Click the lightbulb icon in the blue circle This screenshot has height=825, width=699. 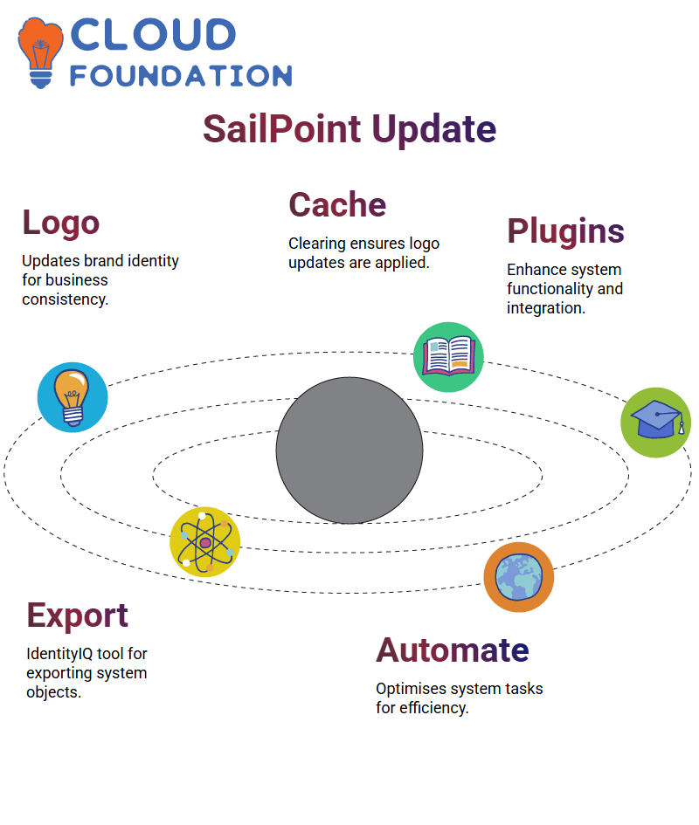coord(73,397)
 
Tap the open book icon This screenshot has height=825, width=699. coord(448,357)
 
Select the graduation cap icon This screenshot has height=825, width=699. coord(656,423)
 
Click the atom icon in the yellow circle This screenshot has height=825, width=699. coord(205,542)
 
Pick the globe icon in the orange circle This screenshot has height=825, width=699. coord(519,577)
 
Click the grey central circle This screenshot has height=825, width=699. coord(349,450)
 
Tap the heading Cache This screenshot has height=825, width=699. coord(337,204)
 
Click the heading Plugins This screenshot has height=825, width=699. coord(565,231)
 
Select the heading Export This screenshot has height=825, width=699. coord(78,615)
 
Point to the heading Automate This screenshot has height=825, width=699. coord(453,650)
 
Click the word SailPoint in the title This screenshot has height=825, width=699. coord(282,129)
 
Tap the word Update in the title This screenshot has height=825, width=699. coord(434,130)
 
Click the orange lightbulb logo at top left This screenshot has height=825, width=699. coord(40,52)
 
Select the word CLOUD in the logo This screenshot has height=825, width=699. coord(153,35)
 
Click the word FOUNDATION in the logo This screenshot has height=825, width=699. coord(181,76)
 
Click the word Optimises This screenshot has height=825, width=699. coord(411,690)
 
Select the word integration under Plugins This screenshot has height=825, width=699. coord(546,308)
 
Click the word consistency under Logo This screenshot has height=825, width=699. coord(66,299)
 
